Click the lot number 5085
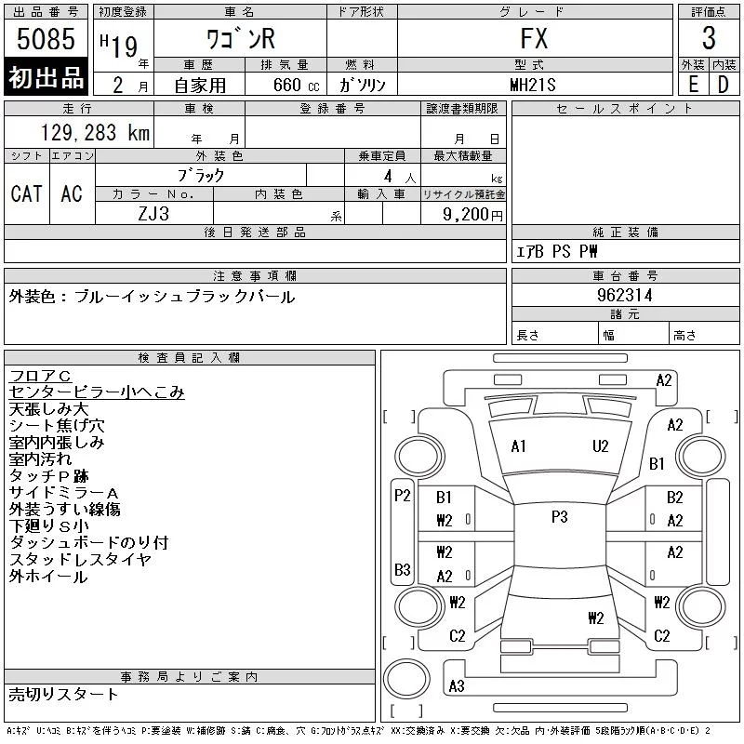[46, 40]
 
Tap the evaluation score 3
[709, 39]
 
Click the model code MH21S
[534, 84]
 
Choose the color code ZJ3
[153, 213]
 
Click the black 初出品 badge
[46, 78]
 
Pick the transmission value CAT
[26, 193]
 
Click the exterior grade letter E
[693, 84]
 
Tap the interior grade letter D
[723, 84]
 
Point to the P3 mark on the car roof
[559, 517]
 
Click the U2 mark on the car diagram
[601, 445]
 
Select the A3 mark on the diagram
[456, 686]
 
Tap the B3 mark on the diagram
[402, 569]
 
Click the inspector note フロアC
[39, 375]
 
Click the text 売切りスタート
[63, 694]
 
